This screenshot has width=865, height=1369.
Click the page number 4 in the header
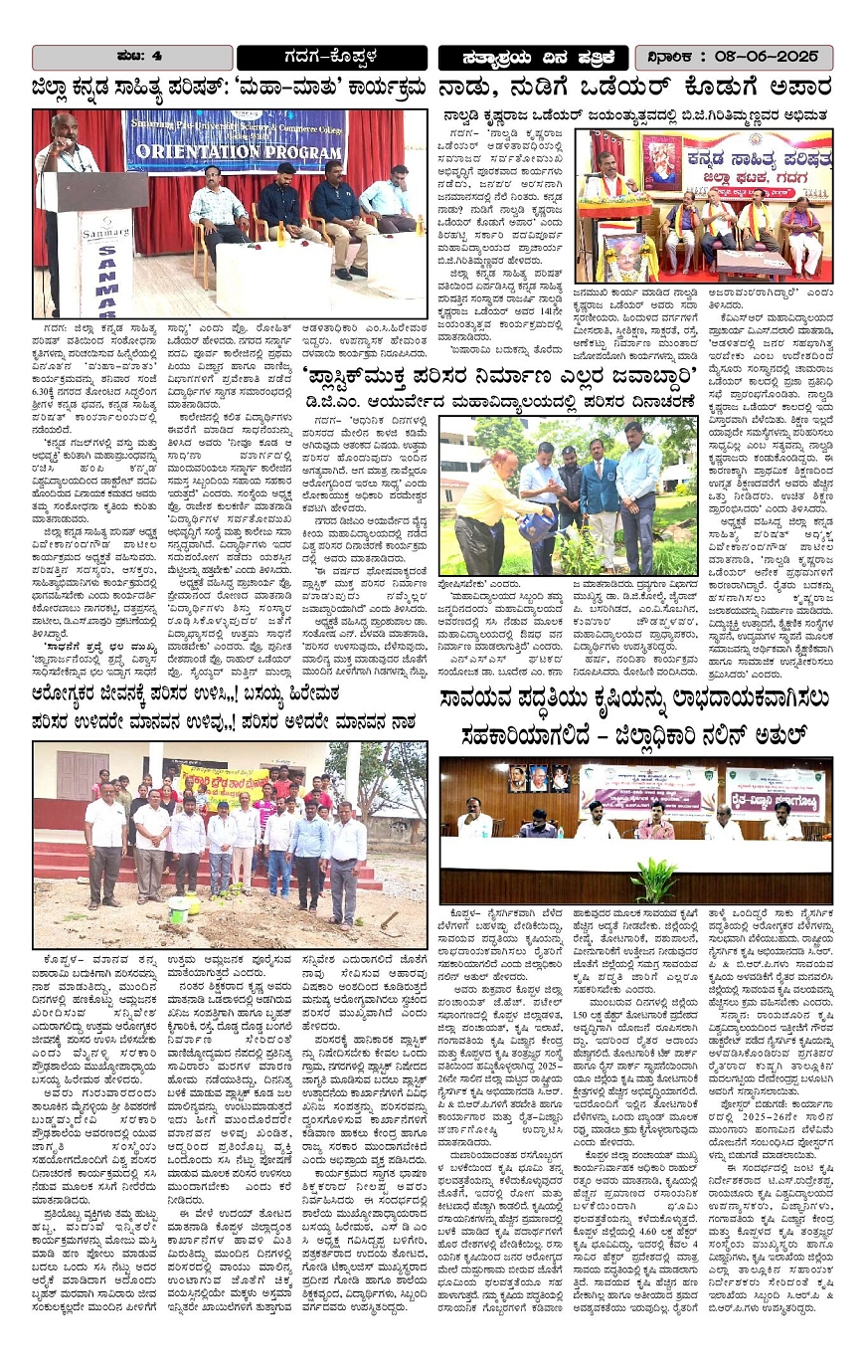(157, 56)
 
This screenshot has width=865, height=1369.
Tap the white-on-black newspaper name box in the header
(533, 57)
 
